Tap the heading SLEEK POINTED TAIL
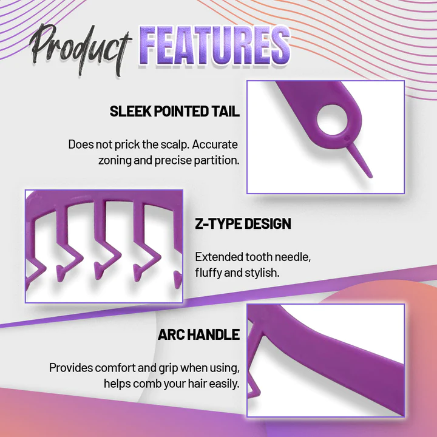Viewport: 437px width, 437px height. [x=174, y=112]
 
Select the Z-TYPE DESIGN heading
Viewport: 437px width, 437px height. [x=243, y=224]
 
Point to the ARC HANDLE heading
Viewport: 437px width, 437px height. [x=198, y=335]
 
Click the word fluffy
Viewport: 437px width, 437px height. [x=208, y=273]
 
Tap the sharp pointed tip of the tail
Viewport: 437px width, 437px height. [x=370, y=176]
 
